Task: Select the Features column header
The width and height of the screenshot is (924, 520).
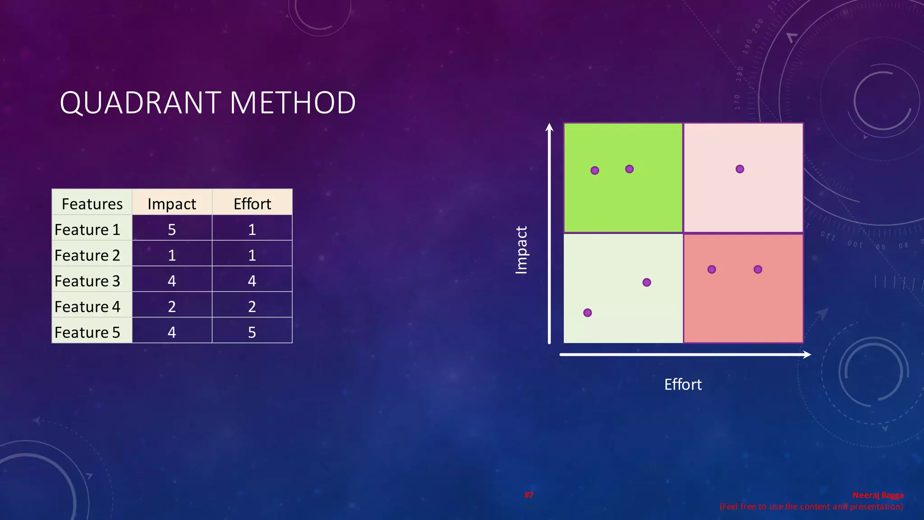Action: click(92, 204)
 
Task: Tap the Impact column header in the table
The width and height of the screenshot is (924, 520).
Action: click(172, 204)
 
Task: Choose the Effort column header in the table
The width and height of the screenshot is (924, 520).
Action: click(252, 204)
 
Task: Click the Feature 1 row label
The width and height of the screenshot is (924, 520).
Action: click(88, 229)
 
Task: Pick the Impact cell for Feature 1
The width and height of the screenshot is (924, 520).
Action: click(172, 229)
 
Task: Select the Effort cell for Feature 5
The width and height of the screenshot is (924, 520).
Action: click(252, 332)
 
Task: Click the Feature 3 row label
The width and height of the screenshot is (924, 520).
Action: click(88, 281)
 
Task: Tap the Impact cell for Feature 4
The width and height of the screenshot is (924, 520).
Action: click(172, 306)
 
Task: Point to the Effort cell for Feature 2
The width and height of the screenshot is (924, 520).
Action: click(252, 255)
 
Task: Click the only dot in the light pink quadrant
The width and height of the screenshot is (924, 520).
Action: click(740, 169)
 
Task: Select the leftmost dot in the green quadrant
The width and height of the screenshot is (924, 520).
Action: click(595, 170)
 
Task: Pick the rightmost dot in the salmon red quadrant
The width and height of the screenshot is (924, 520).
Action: click(758, 269)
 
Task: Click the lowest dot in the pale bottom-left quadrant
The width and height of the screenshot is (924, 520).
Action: click(587, 313)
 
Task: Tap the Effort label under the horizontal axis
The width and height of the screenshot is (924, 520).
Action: click(683, 385)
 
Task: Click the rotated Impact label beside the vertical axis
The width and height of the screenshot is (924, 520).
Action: click(521, 250)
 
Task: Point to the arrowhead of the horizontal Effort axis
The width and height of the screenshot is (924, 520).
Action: click(808, 355)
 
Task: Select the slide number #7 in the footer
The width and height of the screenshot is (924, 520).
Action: click(529, 495)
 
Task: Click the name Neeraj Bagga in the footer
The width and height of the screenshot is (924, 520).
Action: click(878, 495)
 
